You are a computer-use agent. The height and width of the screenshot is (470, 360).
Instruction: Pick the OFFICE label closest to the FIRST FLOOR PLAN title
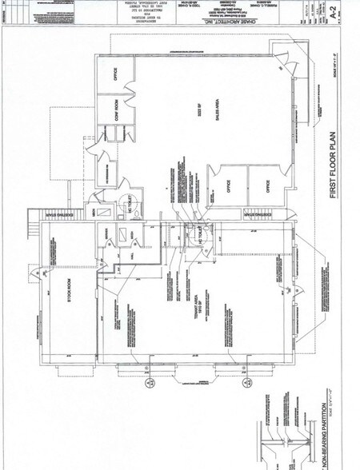[x=267, y=186]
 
